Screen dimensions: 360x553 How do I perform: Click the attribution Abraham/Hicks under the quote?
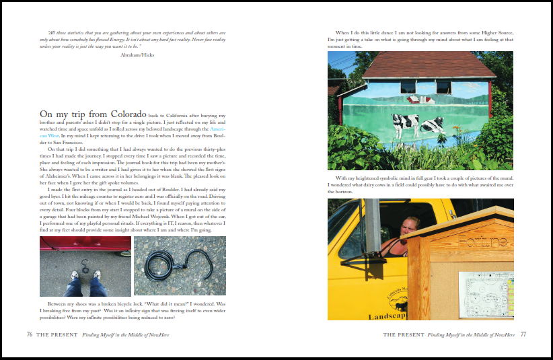pyautogui.click(x=137, y=56)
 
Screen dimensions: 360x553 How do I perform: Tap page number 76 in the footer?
pyautogui.click(x=30, y=334)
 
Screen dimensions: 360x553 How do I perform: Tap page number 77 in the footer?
pyautogui.click(x=523, y=334)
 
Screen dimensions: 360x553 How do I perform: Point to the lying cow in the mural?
pyautogui.click(x=431, y=124)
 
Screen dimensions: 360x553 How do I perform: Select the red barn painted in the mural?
pyautogui.click(x=418, y=98)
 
